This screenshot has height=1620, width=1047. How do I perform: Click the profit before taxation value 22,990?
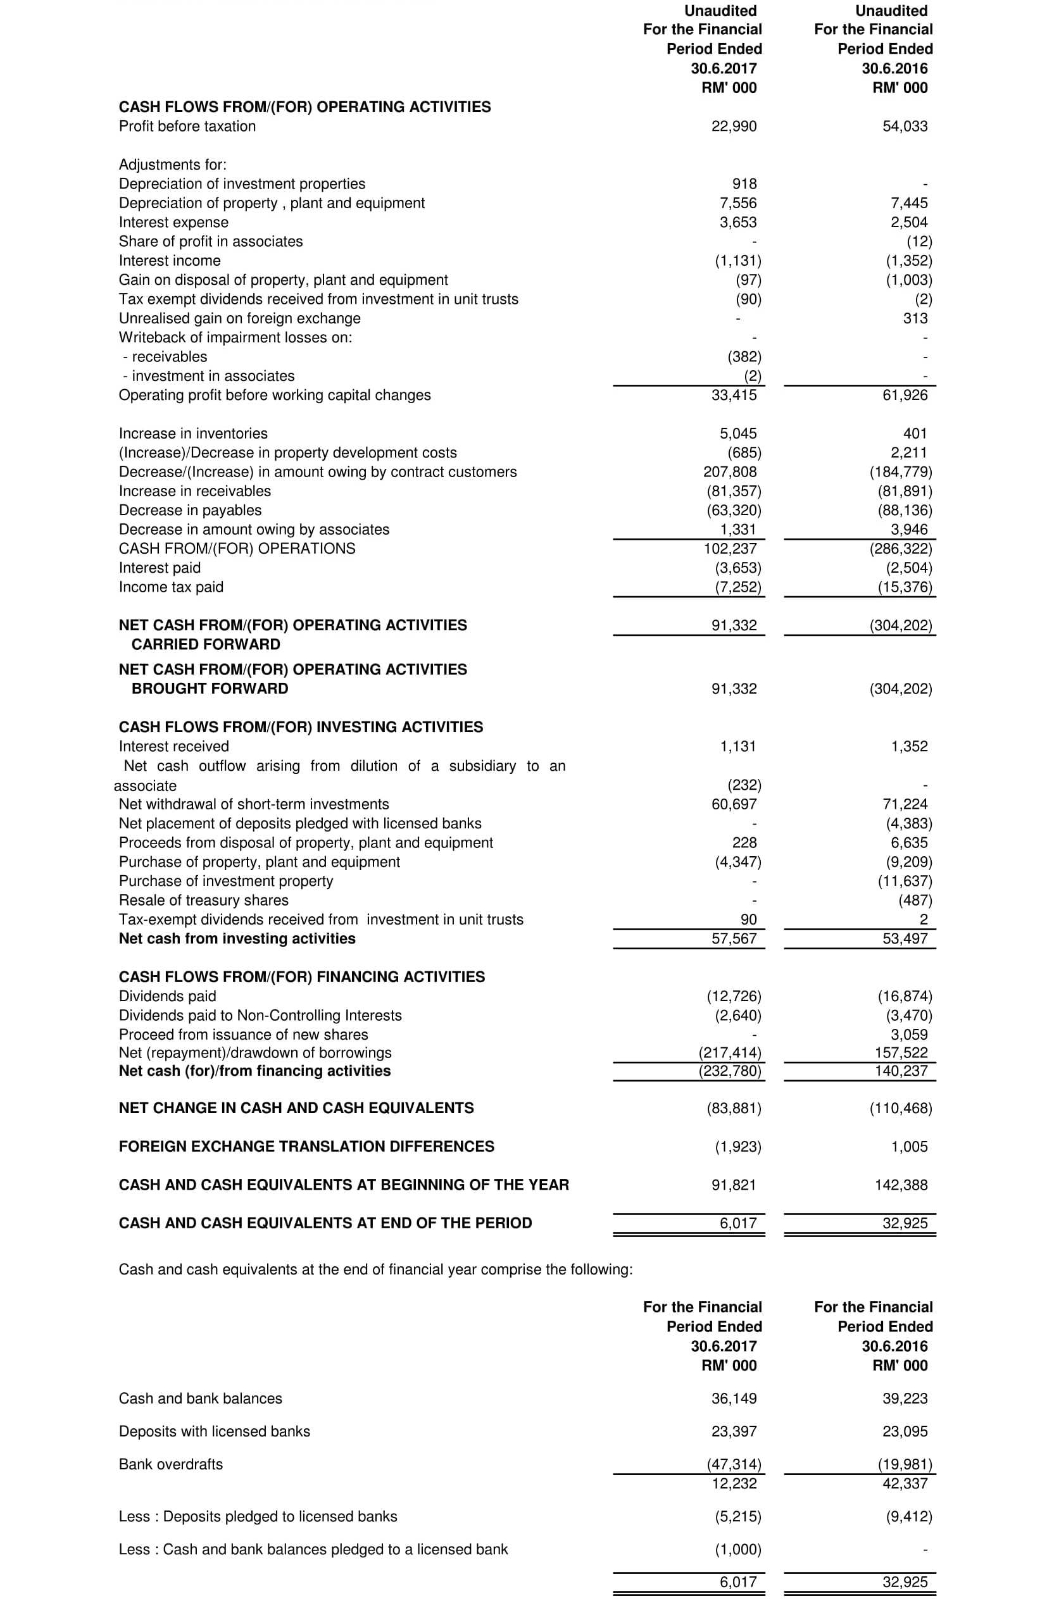pyautogui.click(x=734, y=127)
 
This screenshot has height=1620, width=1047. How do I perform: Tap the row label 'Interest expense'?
pyautogui.click(x=173, y=222)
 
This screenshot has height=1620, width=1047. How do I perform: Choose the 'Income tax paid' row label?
pyautogui.click(x=171, y=587)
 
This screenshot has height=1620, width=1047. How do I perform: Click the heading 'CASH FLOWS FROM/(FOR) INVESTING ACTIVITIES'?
pyautogui.click(x=301, y=727)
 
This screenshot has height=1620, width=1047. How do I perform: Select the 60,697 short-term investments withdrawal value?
pyautogui.click(x=734, y=804)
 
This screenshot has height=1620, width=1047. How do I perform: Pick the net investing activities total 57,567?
pyautogui.click(x=734, y=938)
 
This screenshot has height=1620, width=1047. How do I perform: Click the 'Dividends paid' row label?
pyautogui.click(x=167, y=996)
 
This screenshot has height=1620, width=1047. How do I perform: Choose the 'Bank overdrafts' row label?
pyautogui.click(x=171, y=1464)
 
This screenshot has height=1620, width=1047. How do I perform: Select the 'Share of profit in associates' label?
pyautogui.click(x=211, y=241)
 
